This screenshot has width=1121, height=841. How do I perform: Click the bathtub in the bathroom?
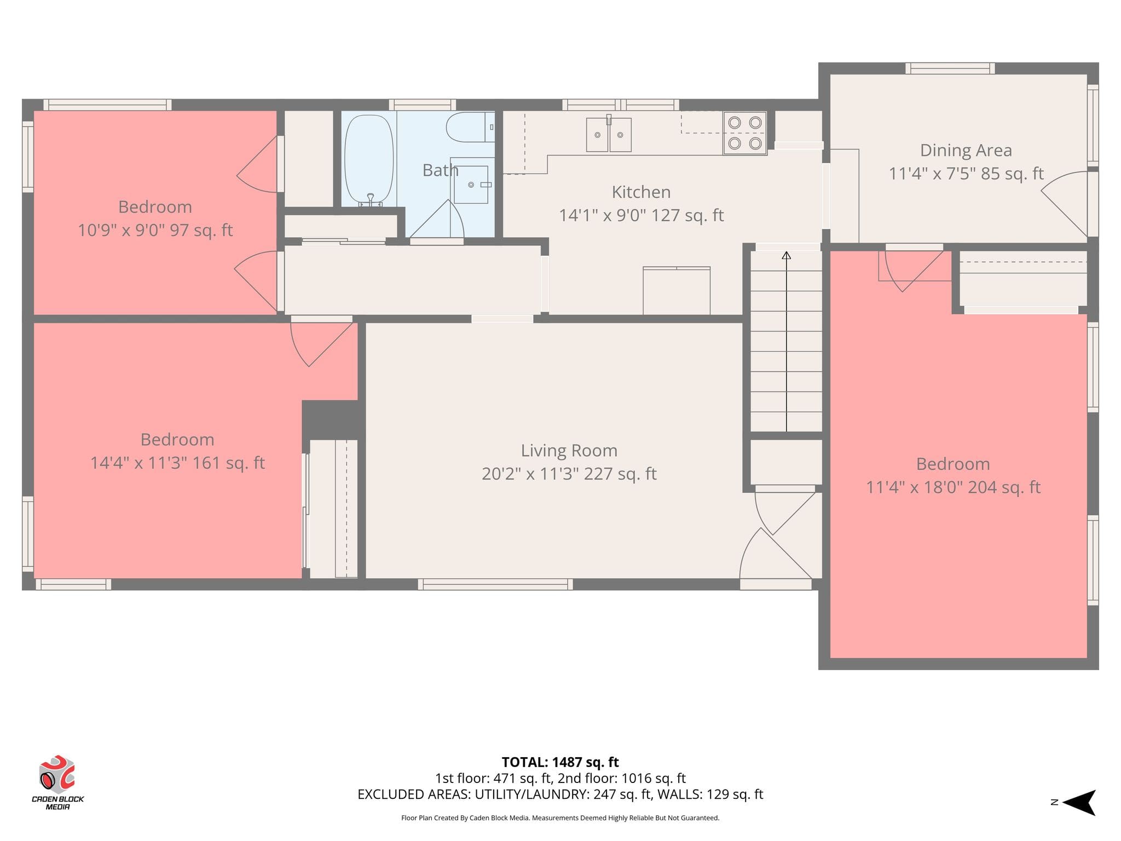[368, 159]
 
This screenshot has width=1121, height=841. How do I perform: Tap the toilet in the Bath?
[470, 127]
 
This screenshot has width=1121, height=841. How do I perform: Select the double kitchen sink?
[609, 134]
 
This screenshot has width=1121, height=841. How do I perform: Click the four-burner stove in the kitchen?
[744, 133]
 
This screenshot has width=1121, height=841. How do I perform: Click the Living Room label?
[569, 451]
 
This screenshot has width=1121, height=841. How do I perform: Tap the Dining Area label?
[966, 150]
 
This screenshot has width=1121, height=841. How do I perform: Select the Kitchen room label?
[641, 192]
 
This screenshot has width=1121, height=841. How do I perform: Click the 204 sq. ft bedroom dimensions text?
[953, 487]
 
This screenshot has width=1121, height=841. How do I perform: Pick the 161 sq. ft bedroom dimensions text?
[177, 463]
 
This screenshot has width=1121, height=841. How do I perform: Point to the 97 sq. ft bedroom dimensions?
[155, 230]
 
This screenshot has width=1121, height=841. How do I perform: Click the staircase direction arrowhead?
[787, 255]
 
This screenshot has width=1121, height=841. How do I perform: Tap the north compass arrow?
[1079, 803]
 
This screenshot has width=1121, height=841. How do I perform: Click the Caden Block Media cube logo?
[56, 774]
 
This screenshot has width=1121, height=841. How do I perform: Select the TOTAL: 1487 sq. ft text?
[560, 762]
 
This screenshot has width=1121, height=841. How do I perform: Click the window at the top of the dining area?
[950, 68]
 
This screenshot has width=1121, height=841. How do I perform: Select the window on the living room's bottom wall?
[495, 584]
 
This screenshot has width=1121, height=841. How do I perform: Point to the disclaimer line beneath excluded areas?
[560, 818]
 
